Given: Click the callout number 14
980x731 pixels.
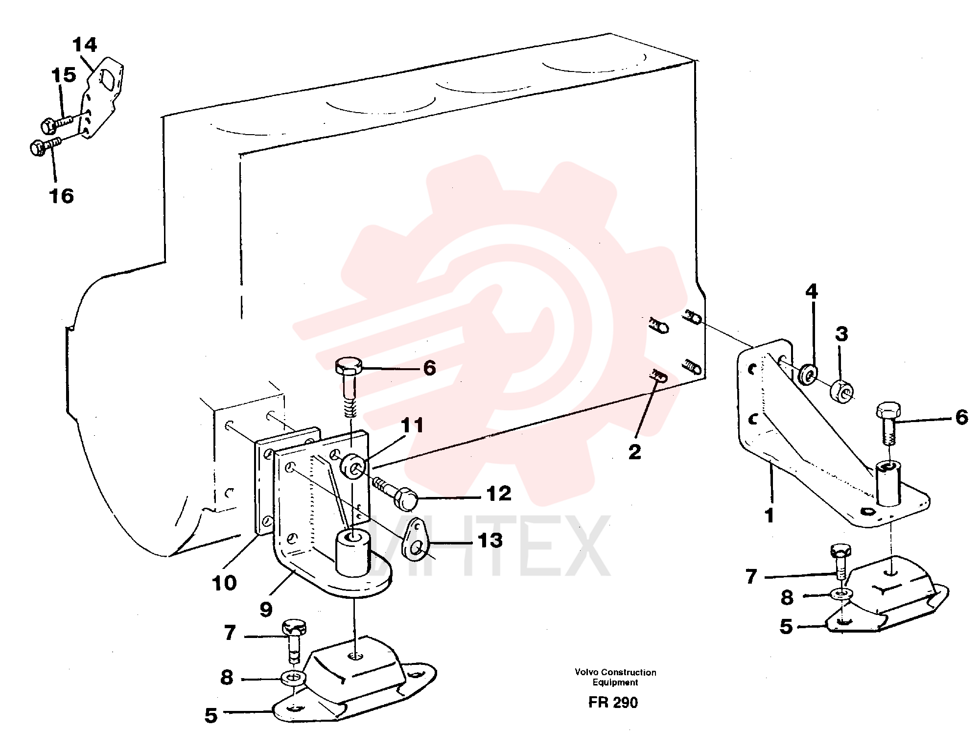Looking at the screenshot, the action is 85,45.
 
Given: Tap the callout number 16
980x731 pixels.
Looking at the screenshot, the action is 62,196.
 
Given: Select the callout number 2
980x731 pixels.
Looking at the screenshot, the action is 634,451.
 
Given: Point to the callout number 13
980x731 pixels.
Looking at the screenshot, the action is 490,541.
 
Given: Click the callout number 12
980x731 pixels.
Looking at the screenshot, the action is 499,494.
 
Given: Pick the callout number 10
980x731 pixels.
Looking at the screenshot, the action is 224,583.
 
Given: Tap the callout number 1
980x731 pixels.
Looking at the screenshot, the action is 769,515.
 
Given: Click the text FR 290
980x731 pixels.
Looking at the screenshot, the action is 613,702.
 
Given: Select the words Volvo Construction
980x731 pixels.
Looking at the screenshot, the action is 615,672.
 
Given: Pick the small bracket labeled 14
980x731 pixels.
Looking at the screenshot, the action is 101,97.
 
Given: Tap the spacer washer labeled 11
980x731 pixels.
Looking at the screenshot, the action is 353,465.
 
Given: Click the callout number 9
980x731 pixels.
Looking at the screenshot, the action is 266,610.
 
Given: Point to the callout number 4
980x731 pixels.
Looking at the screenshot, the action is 812,292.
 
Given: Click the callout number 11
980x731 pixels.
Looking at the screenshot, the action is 412,425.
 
